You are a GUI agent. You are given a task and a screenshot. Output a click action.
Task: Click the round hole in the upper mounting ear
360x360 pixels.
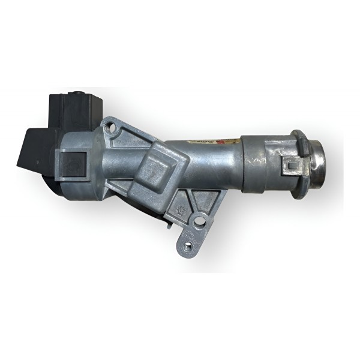pos(109,127)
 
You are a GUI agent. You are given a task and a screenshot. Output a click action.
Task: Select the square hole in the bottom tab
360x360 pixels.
pos(188,245)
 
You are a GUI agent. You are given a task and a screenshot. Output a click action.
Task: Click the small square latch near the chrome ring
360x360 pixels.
pos(292,163)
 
